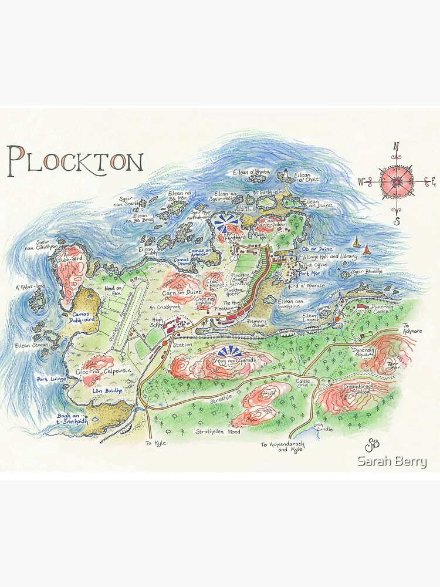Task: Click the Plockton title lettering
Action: pyautogui.click(x=75, y=160)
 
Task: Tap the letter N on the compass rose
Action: pyautogui.click(x=396, y=147)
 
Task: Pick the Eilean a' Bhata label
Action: pyautogui.click(x=251, y=172)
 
